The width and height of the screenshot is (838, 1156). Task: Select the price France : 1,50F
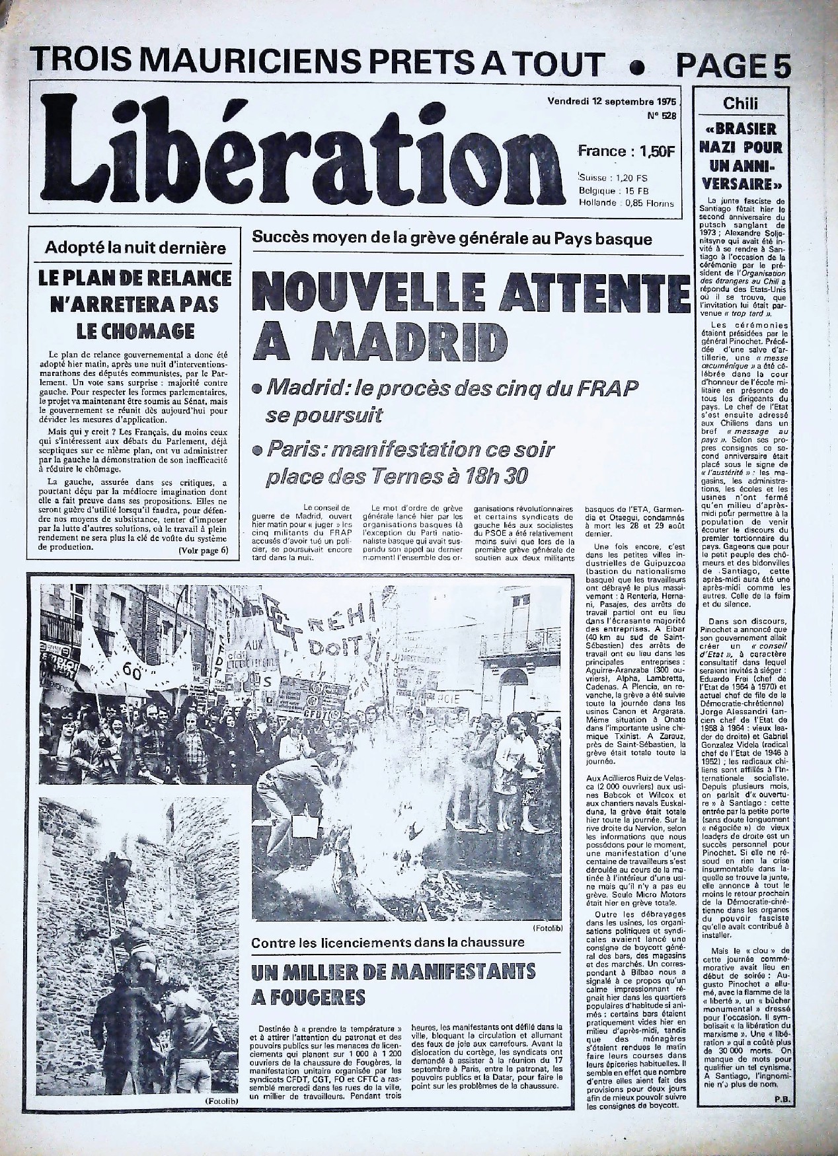point(625,151)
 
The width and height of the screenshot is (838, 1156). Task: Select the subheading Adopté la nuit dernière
point(135,248)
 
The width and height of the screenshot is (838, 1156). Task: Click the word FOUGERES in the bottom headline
point(309,995)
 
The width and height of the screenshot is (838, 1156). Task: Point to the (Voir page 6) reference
point(203,550)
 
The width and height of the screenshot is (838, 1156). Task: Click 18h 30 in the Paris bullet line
point(482,476)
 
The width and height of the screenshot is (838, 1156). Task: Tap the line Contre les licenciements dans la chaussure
point(389,942)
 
